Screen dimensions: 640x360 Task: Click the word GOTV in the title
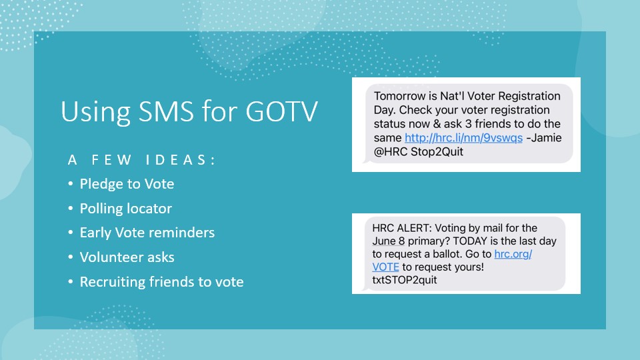click(281, 111)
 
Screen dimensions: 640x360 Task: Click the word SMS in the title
click(166, 111)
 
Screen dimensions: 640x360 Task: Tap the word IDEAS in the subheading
click(180, 159)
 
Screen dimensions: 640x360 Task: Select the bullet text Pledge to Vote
click(127, 184)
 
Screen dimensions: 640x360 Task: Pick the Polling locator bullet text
click(126, 209)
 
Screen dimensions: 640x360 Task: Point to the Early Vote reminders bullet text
click(147, 233)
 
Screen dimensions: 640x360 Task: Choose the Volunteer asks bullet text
click(127, 257)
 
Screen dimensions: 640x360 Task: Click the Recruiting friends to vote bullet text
click(161, 281)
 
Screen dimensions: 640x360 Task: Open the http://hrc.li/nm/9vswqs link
click(464, 138)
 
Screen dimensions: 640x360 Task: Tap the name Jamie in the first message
click(546, 138)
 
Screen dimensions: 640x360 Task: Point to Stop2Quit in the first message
click(437, 152)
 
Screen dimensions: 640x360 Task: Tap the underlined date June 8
click(388, 241)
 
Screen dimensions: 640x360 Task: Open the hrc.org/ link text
click(513, 254)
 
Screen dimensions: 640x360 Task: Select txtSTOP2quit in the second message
click(405, 280)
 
